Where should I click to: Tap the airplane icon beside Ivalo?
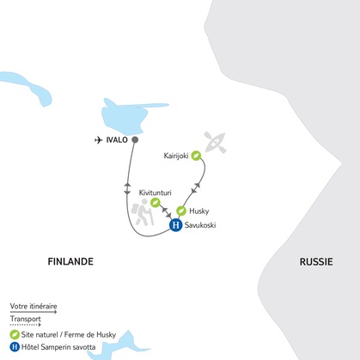pyautogui.click(x=98, y=139)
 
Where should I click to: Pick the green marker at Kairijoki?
pyautogui.click(x=197, y=156)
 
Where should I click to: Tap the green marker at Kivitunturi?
pyautogui.click(x=156, y=203)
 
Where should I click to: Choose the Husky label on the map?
pyautogui.click(x=200, y=211)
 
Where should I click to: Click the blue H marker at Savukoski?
pyautogui.click(x=175, y=225)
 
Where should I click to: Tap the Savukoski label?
pyautogui.click(x=204, y=226)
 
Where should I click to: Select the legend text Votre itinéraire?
pyautogui.click(x=32, y=306)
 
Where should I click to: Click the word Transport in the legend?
pyautogui.click(x=25, y=320)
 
